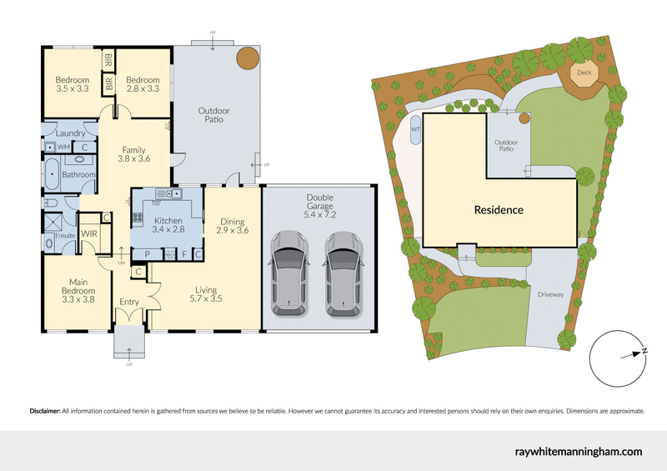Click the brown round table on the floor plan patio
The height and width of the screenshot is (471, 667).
246,58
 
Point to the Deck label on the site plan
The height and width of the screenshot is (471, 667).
584,73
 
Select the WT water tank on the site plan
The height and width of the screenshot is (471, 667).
415,129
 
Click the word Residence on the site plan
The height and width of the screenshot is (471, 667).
499,210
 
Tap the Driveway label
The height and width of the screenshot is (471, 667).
550,294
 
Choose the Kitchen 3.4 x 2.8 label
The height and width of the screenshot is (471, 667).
168,225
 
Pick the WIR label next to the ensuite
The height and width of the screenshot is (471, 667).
89,234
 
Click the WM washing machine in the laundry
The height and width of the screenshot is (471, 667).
63,147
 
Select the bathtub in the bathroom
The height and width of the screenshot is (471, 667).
52,177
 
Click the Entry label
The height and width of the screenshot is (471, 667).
130,303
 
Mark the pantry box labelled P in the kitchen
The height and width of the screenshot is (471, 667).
147,253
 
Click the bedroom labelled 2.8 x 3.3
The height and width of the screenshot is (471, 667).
143,83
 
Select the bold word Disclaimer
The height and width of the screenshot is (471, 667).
45,411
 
